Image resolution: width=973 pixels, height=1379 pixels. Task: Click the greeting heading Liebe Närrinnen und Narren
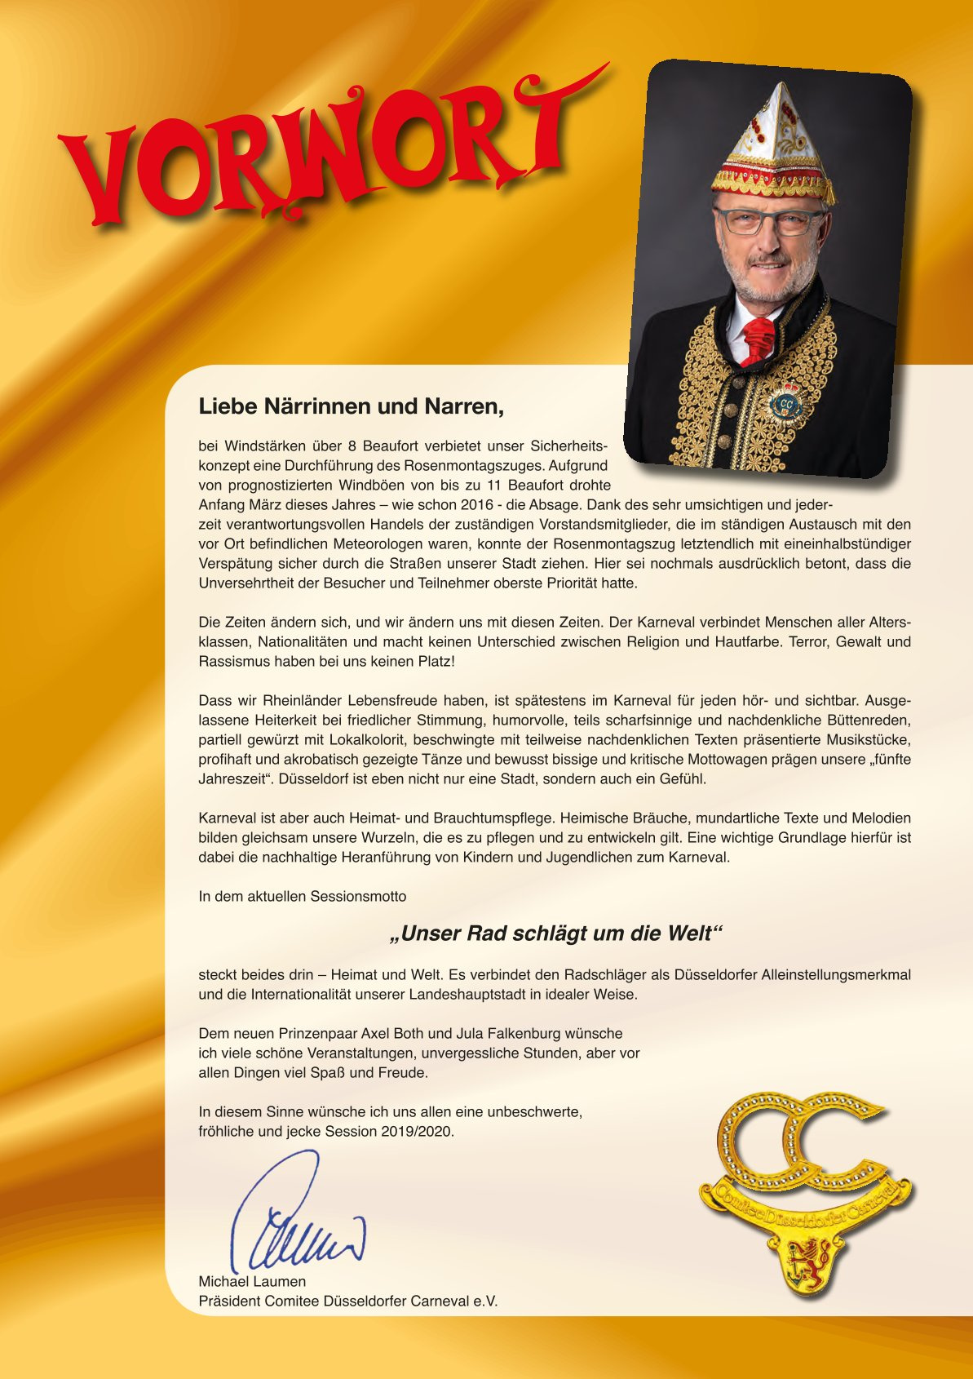(351, 406)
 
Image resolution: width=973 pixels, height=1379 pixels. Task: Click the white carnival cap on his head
(772, 139)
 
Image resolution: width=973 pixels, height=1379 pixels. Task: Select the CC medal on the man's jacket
(785, 403)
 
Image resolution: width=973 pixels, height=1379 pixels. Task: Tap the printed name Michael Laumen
(252, 1281)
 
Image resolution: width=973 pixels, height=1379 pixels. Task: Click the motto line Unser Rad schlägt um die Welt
(557, 933)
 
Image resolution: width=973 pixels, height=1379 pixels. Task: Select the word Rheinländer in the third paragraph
(303, 700)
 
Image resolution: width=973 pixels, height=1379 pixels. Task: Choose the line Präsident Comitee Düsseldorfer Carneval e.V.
(347, 1301)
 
